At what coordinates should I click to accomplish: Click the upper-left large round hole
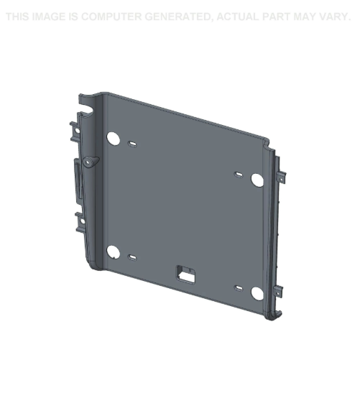point(113,139)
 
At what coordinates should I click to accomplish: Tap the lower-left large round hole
point(113,252)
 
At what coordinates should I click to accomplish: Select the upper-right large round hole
point(257,180)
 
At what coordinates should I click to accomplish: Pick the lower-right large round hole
point(257,293)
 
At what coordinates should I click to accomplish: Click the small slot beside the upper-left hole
point(132,144)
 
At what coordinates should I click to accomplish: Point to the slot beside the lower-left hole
point(132,257)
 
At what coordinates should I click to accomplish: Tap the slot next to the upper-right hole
point(239,175)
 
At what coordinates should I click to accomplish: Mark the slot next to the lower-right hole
point(239,288)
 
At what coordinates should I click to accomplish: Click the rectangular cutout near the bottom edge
point(185,274)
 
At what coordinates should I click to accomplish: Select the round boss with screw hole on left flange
point(90,162)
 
